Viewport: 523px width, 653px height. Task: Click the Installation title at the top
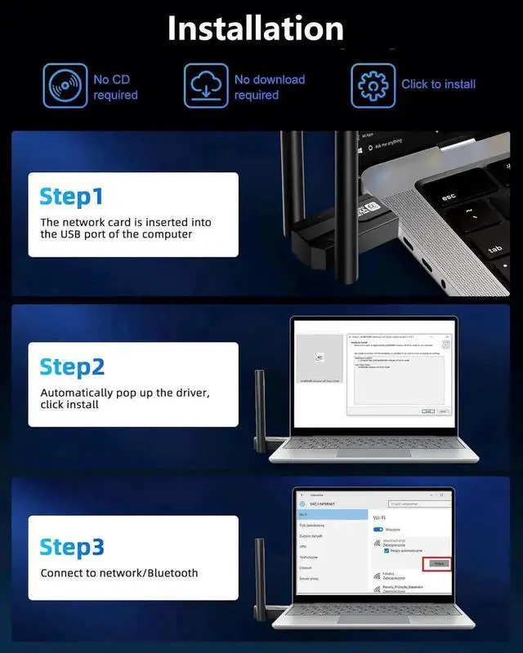point(255,29)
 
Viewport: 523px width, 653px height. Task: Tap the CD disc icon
point(64,84)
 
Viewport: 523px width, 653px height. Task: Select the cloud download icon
point(206,84)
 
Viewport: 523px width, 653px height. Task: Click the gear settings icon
point(373,84)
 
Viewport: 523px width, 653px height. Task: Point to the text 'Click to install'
point(438,84)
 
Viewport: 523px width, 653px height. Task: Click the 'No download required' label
point(269,87)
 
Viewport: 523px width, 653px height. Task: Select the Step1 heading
point(72,197)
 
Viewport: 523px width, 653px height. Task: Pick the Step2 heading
point(72,366)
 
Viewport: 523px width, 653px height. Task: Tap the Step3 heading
point(72,546)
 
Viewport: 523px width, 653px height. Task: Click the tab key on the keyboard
point(494,250)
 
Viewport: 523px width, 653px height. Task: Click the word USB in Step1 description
point(71,234)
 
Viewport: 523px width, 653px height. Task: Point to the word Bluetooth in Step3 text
point(167,573)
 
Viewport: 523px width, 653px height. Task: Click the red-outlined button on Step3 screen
point(436,564)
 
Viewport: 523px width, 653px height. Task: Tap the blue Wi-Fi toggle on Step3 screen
point(378,530)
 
